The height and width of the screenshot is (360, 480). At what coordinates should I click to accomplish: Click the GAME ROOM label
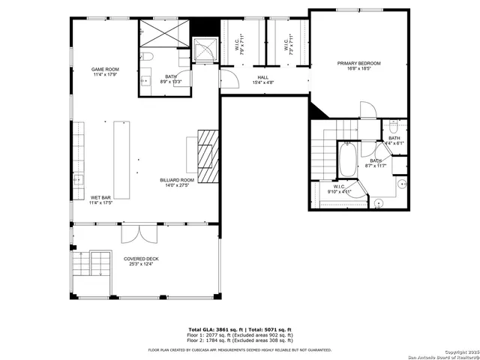click(x=105, y=69)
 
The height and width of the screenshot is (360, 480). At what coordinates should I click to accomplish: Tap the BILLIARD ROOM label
click(x=177, y=180)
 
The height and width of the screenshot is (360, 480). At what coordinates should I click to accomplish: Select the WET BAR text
click(x=100, y=198)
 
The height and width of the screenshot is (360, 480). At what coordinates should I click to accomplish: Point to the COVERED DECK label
click(x=141, y=259)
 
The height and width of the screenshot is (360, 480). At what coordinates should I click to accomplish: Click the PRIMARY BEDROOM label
click(x=358, y=64)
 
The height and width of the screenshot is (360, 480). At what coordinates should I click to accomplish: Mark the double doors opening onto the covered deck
click(x=140, y=234)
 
